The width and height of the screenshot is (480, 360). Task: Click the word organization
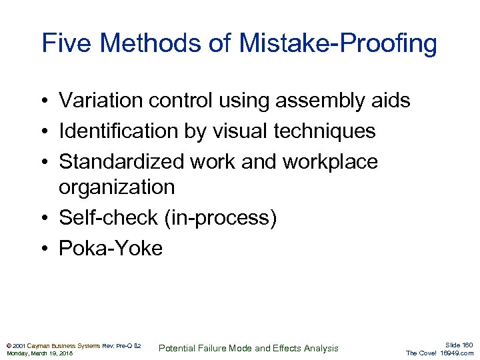coord(117,187)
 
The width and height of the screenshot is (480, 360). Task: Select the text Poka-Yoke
coord(111,249)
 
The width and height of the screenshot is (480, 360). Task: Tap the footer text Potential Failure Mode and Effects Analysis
coord(248,348)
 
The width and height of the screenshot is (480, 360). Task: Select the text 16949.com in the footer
coord(457,353)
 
